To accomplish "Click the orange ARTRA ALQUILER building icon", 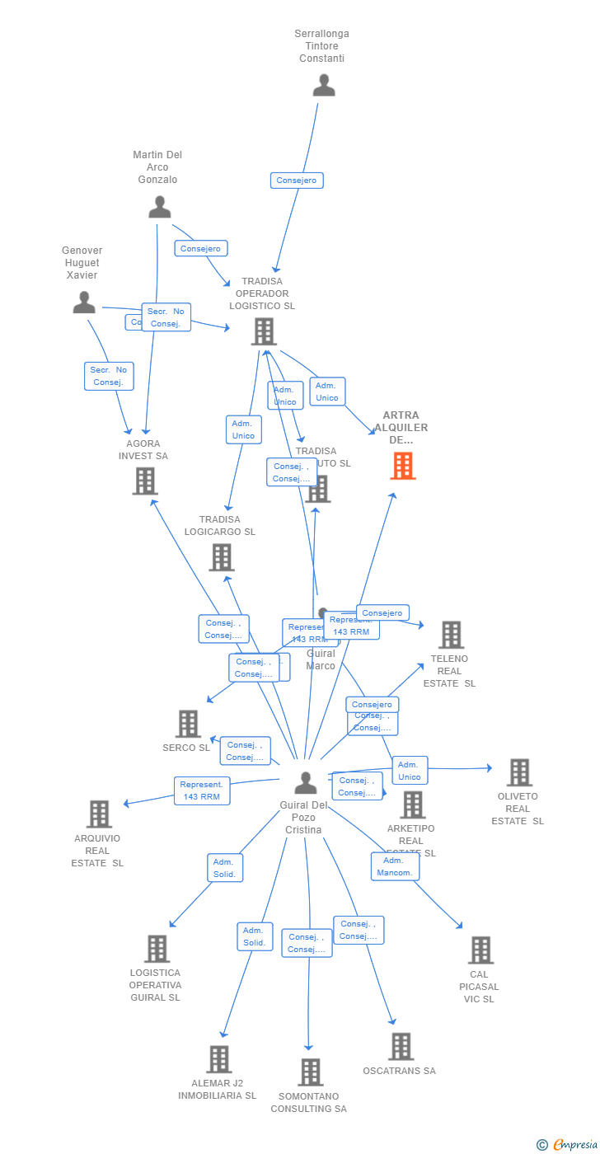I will (402, 466).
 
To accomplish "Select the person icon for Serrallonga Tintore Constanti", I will (324, 86).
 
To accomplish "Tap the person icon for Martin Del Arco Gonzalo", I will (160, 207).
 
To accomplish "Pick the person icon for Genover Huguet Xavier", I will (84, 303).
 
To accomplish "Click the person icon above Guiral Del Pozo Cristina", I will (306, 782).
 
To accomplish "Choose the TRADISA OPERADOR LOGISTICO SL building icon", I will (264, 331).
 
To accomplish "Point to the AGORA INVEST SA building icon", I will (145, 481).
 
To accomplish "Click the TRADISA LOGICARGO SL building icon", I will (221, 557).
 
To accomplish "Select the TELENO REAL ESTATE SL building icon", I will (451, 635).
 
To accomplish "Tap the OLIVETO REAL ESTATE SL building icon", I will (519, 772).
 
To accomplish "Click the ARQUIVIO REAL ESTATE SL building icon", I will (99, 814).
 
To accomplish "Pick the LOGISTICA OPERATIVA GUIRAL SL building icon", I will (157, 949).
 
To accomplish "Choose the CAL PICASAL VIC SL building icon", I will (480, 950).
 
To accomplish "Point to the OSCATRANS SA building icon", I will (401, 1047).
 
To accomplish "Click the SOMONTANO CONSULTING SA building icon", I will (310, 1072).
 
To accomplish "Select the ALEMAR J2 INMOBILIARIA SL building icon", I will (218, 1059).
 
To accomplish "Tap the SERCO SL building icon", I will (188, 724).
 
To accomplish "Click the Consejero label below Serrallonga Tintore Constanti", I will (297, 181).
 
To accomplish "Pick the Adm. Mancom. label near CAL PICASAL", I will (395, 866).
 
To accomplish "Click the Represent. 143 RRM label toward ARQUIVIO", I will (202, 790).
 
